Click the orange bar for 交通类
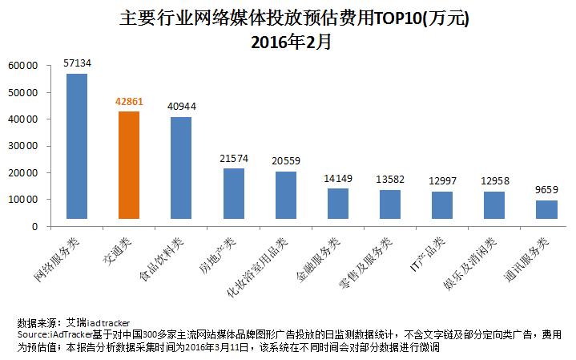point(128,164)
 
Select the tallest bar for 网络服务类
point(77,146)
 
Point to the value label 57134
point(77,63)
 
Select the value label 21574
point(233,159)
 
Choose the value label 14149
point(337,179)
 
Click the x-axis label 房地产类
point(218,254)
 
